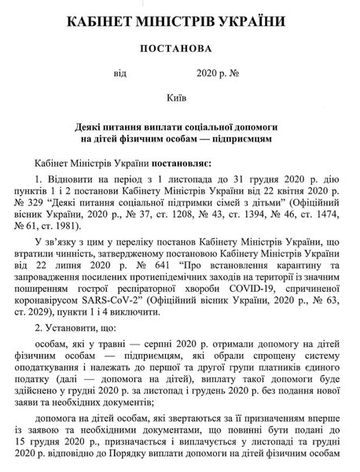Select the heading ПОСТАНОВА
point(180,48)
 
